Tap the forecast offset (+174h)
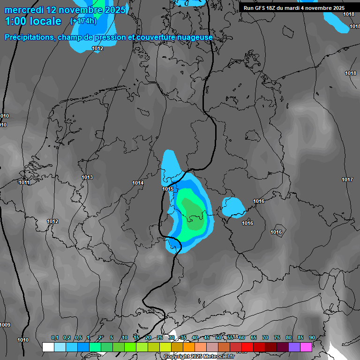83,21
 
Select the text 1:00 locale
33,21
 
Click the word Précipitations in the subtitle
30,37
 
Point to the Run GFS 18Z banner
294,8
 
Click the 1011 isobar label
24,182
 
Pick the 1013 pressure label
87,177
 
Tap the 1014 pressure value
138,183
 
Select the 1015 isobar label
168,189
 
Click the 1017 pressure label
347,180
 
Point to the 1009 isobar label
5,325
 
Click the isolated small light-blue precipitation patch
233,206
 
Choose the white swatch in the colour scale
48,347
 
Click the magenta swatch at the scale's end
306,347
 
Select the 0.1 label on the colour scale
54,337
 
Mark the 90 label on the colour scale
312,337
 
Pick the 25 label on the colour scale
160,337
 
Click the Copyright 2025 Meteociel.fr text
199,356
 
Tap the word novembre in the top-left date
82,9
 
